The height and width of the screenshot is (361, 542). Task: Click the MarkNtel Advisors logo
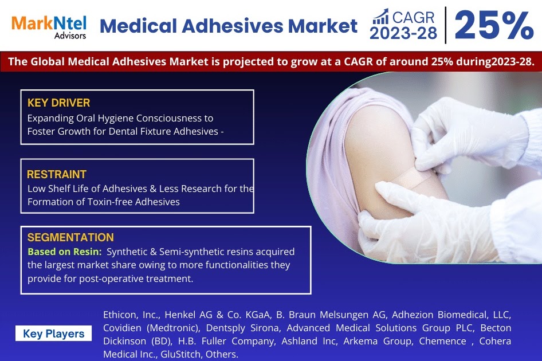click(49, 26)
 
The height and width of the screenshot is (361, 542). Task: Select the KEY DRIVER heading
click(58, 103)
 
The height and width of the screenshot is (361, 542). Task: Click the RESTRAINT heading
click(57, 174)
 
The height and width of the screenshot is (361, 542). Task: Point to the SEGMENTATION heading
click(70, 237)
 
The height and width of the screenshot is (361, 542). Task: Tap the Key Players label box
click(53, 333)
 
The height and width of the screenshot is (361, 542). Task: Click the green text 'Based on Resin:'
click(65, 252)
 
